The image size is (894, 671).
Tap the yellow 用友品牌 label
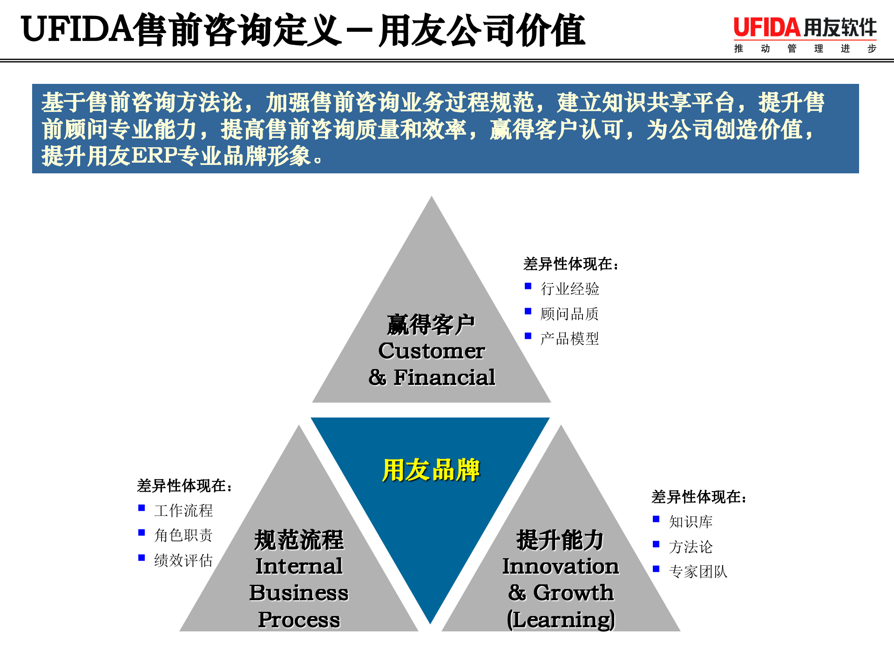(x=431, y=470)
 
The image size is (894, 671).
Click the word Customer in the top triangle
(x=431, y=351)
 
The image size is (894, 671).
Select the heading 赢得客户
(x=431, y=324)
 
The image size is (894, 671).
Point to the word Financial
(x=444, y=377)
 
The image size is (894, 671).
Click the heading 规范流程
(x=299, y=540)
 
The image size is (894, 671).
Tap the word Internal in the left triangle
(x=299, y=566)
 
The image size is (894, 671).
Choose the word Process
(x=299, y=619)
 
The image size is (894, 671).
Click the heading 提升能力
(x=560, y=540)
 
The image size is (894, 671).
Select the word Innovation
(x=560, y=566)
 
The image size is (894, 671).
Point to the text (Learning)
(x=560, y=619)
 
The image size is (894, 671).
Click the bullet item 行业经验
(x=569, y=289)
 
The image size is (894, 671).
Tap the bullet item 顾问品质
(x=569, y=314)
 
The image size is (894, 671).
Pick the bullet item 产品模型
(x=569, y=339)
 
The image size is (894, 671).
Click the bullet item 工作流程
(x=183, y=511)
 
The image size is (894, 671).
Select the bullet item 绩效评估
(x=183, y=560)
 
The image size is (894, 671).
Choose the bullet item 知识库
(x=691, y=522)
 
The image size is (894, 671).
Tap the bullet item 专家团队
(x=698, y=572)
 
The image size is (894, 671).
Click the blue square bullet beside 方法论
(x=656, y=544)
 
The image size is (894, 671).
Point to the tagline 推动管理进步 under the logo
(x=805, y=48)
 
